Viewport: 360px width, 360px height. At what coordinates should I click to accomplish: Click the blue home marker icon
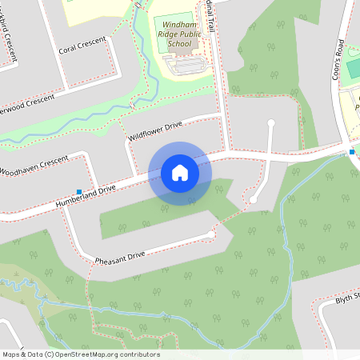[x=180, y=173]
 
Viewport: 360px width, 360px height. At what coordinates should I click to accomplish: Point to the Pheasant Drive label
[x=119, y=257]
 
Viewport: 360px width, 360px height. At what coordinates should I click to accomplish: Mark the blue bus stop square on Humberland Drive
[x=78, y=191]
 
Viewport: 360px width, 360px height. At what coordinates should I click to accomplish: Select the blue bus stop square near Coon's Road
[x=352, y=152]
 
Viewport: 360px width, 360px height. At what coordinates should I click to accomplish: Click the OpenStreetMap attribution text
[x=81, y=354]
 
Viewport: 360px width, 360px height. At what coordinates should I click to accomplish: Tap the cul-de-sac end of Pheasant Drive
[x=211, y=234]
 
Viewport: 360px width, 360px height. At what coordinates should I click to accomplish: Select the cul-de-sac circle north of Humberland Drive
[x=271, y=123]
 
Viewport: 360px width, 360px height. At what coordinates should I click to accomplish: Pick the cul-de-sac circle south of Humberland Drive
[x=253, y=200]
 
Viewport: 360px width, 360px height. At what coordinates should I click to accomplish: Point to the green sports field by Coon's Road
[x=352, y=69]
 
